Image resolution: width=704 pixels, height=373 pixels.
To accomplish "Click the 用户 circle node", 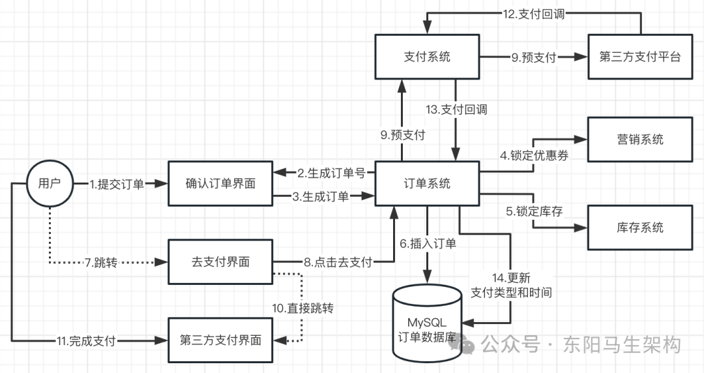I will coord(50,183).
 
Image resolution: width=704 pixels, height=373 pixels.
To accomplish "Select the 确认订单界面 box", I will coord(220,183).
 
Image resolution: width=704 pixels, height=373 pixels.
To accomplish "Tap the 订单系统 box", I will coord(427,183).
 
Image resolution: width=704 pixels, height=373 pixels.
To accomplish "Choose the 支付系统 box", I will coord(427,57).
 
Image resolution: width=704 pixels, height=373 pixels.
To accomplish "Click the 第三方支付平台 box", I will coord(639,57).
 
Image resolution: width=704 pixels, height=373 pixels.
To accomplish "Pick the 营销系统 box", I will coord(639,139).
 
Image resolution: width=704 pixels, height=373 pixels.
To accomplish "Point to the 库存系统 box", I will coord(639,227).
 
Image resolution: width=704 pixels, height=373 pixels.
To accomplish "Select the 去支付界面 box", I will coord(220,262).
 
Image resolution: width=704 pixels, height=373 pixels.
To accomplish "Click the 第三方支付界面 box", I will coord(220,340).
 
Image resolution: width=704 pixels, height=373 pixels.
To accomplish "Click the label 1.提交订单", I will coord(117,184).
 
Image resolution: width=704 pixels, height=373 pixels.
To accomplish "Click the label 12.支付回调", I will coord(533,14).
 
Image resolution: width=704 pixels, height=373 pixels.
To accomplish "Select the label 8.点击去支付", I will coord(338,263).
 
